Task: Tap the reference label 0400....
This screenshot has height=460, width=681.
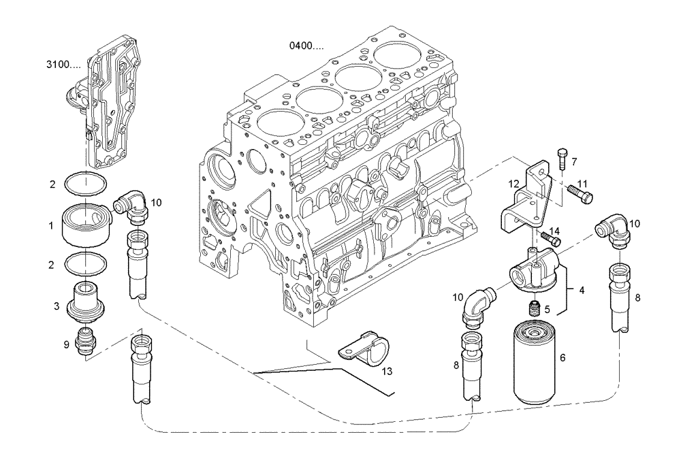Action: pos(304,46)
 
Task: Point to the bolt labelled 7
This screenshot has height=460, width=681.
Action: pos(561,159)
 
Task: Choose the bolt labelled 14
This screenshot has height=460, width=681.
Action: pos(551,238)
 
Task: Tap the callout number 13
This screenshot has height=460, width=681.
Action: pos(387,371)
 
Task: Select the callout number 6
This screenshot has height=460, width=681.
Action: pos(563,357)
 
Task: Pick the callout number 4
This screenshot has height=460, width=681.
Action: pos(582,291)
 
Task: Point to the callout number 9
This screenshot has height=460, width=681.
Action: pos(66,344)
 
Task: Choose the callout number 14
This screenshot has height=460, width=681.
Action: pos(554,231)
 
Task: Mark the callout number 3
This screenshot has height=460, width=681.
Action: pos(57,306)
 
